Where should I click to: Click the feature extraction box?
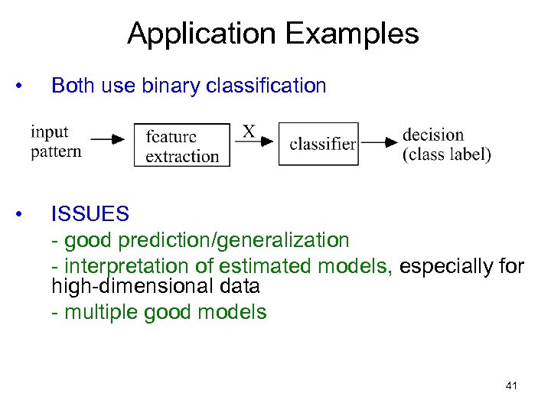click(182, 145)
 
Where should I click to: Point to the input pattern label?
click(56, 142)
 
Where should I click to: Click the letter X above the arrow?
click(249, 132)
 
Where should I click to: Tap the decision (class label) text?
click(446, 144)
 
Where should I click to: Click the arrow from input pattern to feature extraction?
click(107, 140)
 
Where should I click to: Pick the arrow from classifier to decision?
click(380, 142)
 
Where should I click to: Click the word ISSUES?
click(90, 214)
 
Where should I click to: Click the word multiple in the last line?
click(96, 312)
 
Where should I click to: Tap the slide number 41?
click(511, 386)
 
